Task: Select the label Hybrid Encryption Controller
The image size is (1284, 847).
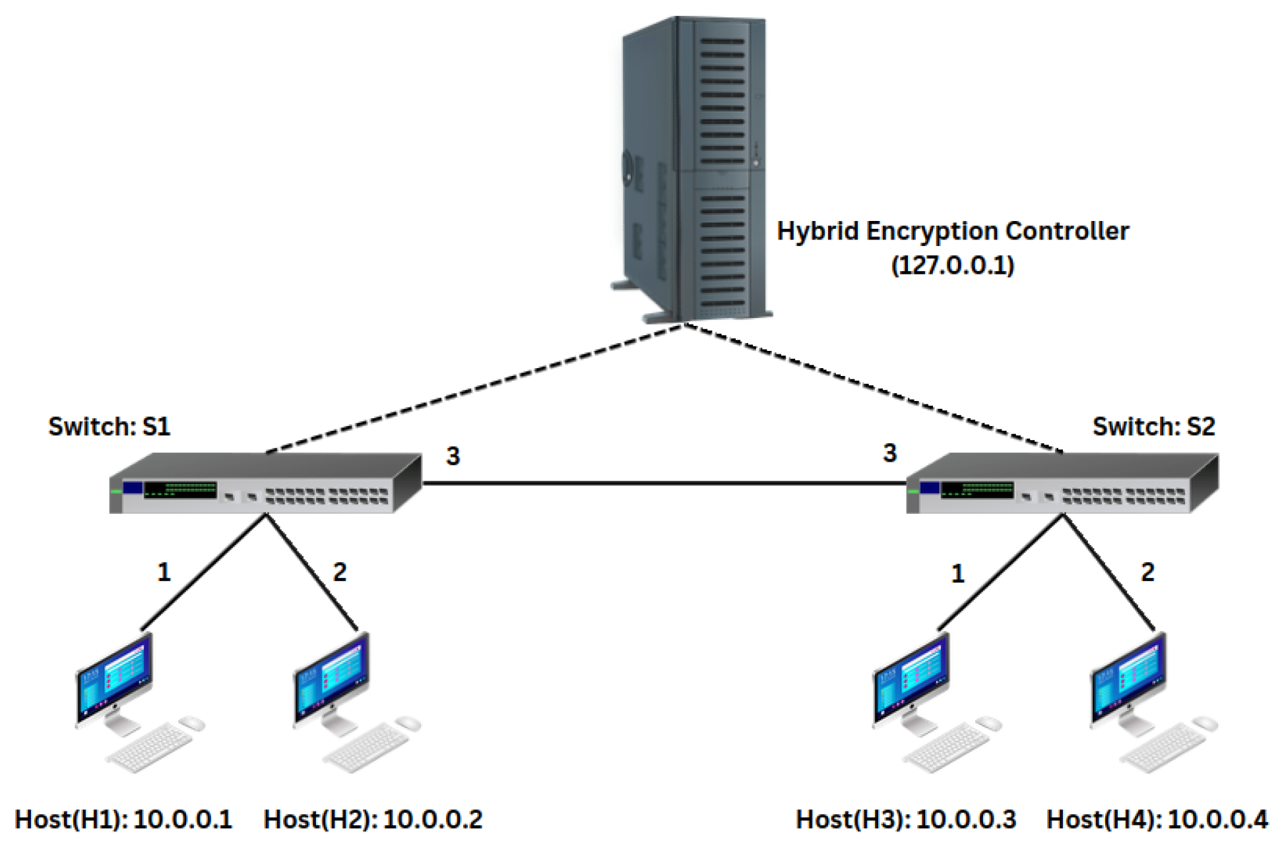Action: [x=952, y=232]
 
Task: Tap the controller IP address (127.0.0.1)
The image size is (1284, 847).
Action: [x=952, y=265]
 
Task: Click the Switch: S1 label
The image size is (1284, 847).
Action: [x=110, y=426]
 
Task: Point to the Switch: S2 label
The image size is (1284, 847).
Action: [x=1153, y=426]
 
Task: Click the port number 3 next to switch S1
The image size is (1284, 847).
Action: [x=453, y=456]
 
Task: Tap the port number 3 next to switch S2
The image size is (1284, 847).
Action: [x=889, y=453]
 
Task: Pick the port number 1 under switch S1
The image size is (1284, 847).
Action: [x=164, y=571]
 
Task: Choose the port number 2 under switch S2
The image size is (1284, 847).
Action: [x=1147, y=572]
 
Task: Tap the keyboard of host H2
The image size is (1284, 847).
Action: [x=367, y=747]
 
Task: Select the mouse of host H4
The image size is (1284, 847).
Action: [x=1205, y=724]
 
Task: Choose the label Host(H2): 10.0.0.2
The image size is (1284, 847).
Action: [x=373, y=819]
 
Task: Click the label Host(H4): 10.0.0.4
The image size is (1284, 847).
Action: [x=1157, y=819]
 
